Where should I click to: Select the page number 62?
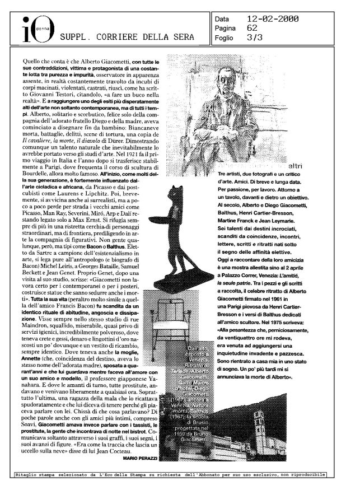[x=252, y=28]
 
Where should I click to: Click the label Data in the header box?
[x=223, y=19]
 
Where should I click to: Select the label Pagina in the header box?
[x=227, y=28]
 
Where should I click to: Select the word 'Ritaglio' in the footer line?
[x=27, y=475]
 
